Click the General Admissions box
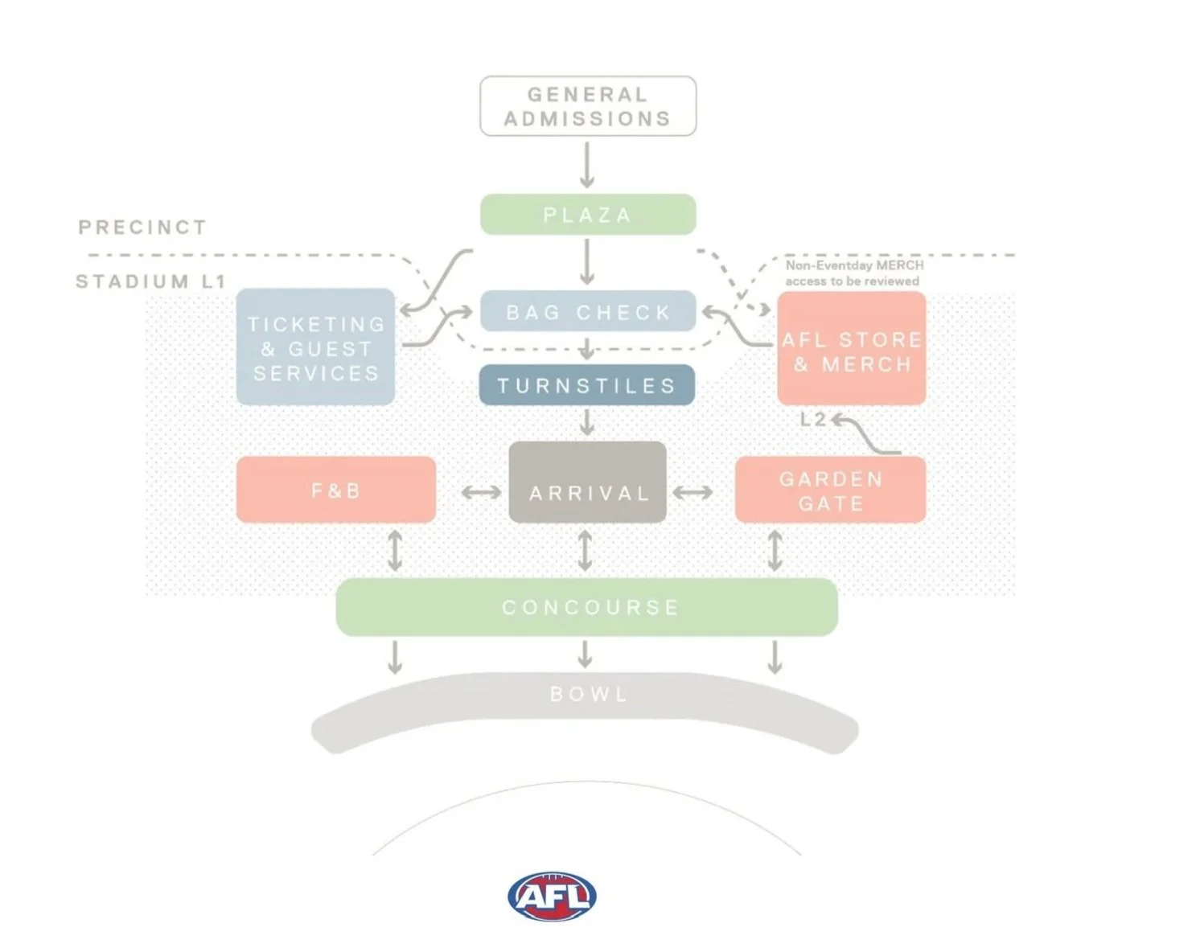[588, 106]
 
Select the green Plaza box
[588, 215]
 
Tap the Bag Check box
[588, 311]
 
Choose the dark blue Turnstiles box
[587, 385]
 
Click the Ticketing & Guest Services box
[315, 347]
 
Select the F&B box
[336, 490]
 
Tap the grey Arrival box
[588, 482]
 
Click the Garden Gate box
[830, 490]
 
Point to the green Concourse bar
[587, 607]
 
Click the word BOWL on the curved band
[588, 694]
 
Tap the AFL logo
[552, 897]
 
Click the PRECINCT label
[142, 228]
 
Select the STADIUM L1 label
[150, 281]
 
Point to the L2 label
[812, 419]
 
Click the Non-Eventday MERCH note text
[853, 273]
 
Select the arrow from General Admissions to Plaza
[587, 165]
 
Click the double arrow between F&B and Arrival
[481, 492]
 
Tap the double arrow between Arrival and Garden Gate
[693, 492]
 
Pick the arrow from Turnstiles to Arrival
[587, 422]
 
